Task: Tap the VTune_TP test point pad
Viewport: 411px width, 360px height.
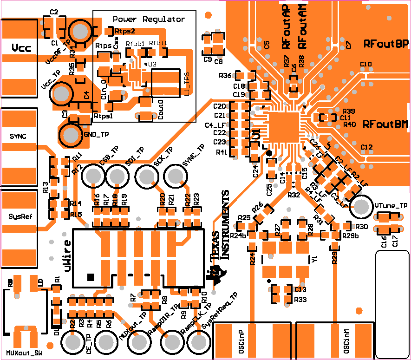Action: click(x=362, y=205)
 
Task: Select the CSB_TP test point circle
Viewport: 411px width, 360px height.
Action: click(x=93, y=177)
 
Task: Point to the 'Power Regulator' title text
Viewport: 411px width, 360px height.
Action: click(x=149, y=20)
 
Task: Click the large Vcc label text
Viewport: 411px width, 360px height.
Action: click(x=22, y=48)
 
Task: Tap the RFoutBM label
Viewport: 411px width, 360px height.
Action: click(x=385, y=124)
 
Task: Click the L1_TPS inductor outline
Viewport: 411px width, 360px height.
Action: click(x=165, y=84)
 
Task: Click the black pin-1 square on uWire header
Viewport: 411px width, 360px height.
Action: click(x=91, y=277)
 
